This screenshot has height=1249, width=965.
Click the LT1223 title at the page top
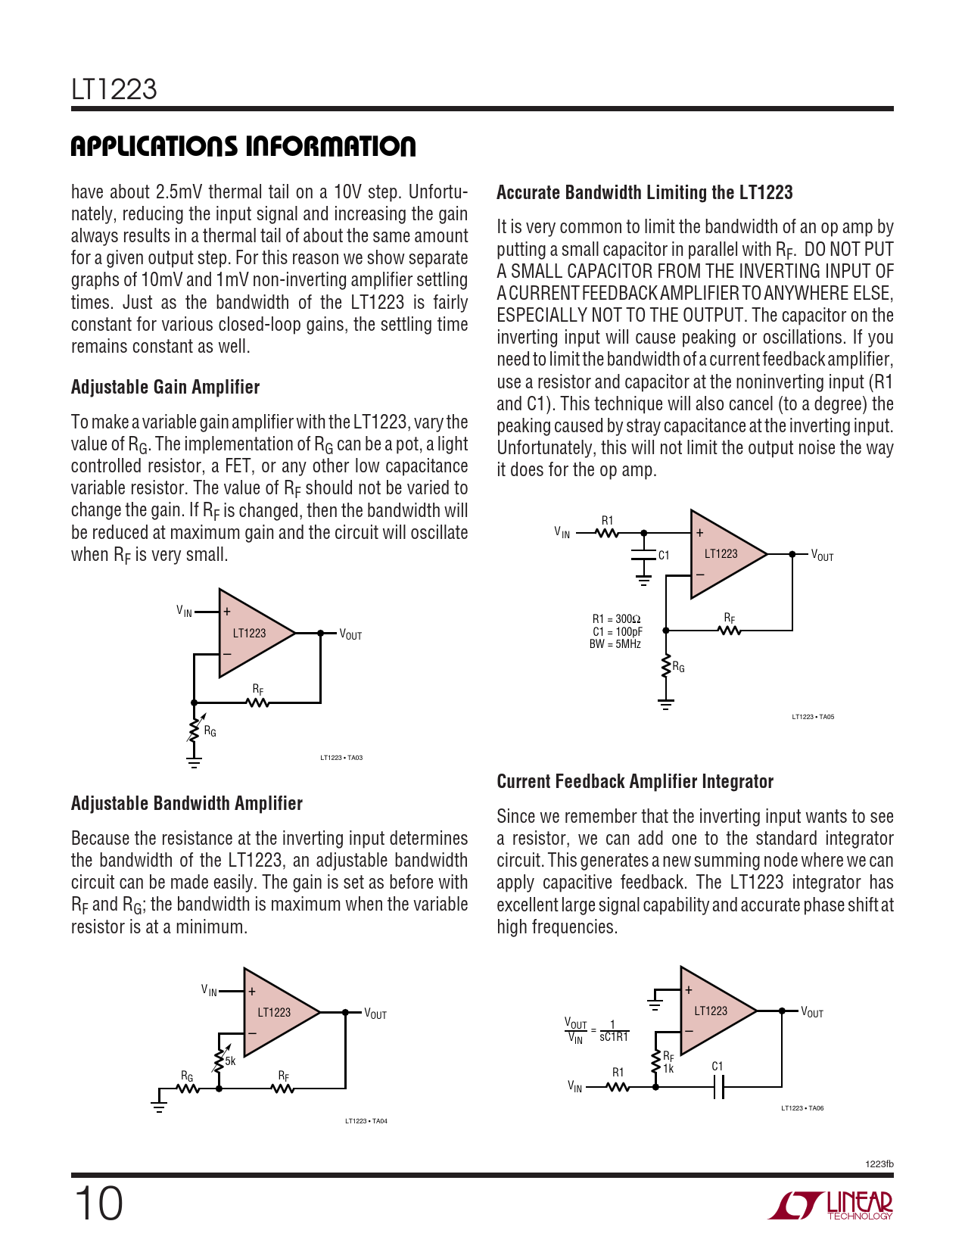114,89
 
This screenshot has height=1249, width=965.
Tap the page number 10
98,1204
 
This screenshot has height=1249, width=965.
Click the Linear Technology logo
830,1205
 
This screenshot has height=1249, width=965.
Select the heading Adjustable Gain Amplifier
165,387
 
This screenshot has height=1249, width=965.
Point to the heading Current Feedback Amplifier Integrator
634,781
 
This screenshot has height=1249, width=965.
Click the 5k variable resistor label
230,1061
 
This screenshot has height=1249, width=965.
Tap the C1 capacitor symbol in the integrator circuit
718,1087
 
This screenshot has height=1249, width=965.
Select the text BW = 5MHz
615,644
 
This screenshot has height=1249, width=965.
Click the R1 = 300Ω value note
616,619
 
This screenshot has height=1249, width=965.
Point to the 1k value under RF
668,1069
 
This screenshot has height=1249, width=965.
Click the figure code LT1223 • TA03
341,758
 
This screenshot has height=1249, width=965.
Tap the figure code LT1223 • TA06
802,1108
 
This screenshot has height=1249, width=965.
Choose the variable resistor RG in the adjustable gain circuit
195,728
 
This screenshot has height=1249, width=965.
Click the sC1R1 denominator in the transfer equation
614,1037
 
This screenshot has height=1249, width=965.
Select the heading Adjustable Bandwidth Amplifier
186,803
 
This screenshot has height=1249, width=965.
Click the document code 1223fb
879,1164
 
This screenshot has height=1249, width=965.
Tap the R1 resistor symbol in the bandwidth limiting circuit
608,534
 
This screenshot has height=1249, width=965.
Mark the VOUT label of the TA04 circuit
375,1014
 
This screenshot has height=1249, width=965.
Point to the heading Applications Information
243,146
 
